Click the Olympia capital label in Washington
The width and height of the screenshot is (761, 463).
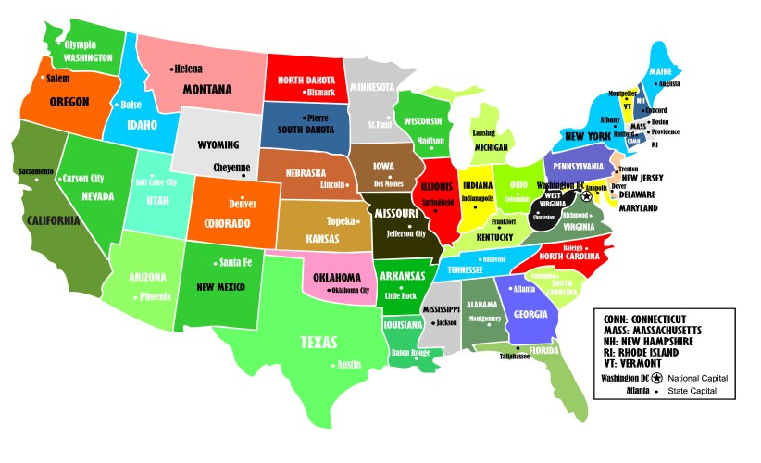click(80, 44)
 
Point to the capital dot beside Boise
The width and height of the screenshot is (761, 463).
click(115, 105)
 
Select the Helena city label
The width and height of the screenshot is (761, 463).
click(189, 68)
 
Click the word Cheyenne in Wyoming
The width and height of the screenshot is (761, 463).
click(231, 168)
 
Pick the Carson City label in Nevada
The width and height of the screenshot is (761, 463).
click(83, 178)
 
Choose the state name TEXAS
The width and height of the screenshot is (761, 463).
click(318, 343)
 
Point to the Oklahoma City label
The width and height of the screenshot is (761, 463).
click(346, 291)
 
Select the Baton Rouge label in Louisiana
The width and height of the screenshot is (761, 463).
click(411, 353)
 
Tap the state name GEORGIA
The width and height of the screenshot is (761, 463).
click(528, 314)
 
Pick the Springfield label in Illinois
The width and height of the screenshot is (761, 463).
click(438, 201)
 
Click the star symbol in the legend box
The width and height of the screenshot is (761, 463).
click(656, 378)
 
